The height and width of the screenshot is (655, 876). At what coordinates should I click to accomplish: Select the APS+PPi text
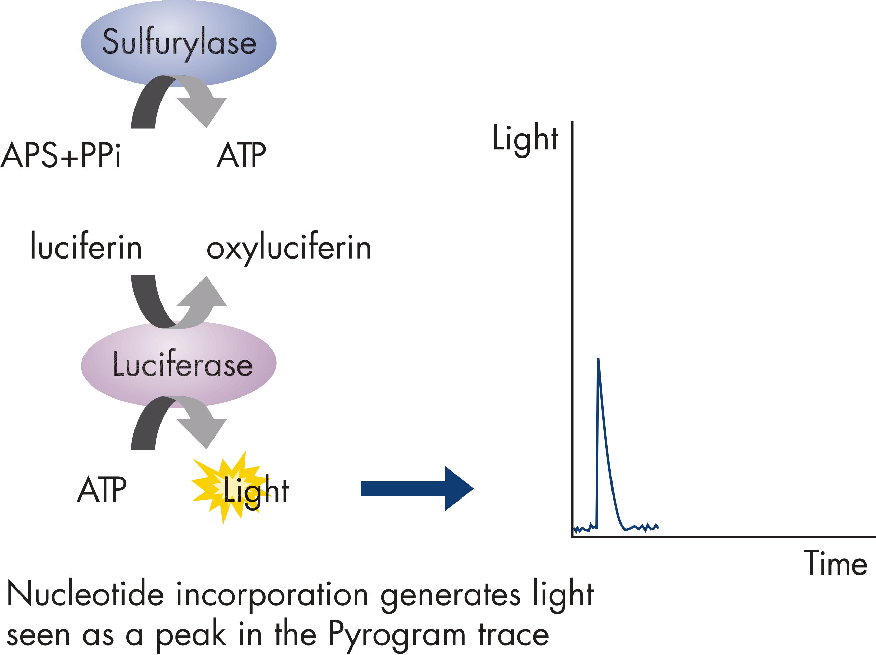tap(61, 155)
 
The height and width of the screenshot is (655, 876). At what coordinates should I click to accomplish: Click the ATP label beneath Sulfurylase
tap(241, 155)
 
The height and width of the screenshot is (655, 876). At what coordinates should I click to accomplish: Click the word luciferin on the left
tap(86, 247)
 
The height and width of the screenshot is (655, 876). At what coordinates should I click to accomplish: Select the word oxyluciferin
tap(289, 249)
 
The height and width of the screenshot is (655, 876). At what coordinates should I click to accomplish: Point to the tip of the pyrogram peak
tap(598, 360)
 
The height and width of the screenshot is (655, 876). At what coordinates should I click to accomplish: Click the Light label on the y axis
tap(525, 139)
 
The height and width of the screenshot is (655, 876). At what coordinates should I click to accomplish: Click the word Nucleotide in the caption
tap(85, 594)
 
